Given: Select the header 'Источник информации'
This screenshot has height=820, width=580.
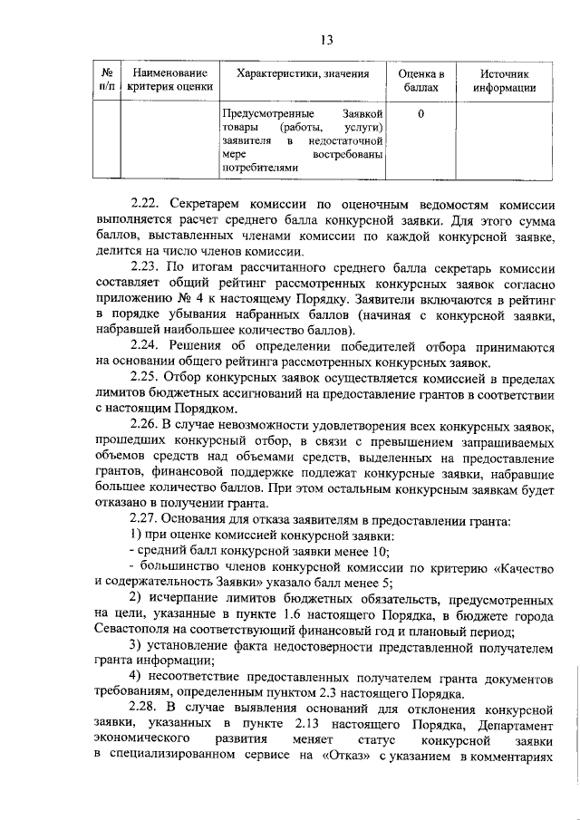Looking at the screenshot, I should tap(504, 80).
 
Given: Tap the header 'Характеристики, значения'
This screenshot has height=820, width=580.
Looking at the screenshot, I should tap(302, 72).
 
